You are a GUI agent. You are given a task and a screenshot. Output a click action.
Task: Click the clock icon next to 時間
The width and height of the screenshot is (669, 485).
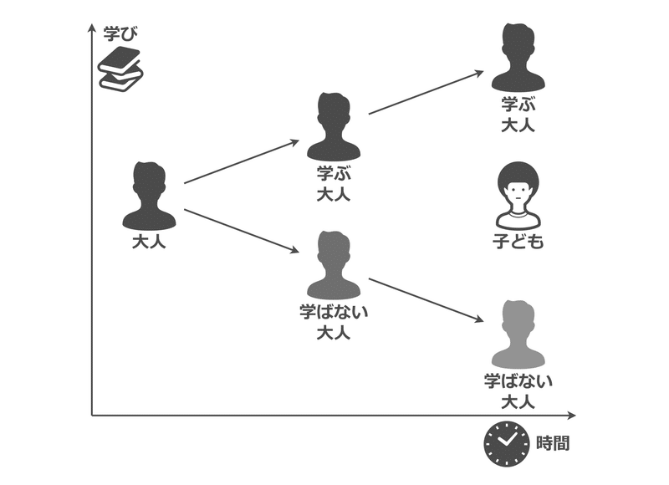point(505,443)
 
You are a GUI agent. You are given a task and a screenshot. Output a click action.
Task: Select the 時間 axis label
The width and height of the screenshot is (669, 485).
point(553,443)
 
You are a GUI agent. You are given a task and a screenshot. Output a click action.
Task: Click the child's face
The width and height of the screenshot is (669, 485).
point(518,198)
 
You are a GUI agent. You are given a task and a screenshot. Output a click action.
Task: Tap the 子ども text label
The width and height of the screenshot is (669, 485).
point(518,242)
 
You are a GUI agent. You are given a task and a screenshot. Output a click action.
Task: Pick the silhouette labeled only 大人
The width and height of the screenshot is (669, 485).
point(149,197)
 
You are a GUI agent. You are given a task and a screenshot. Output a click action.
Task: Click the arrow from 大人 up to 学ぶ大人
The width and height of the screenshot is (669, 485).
point(243,161)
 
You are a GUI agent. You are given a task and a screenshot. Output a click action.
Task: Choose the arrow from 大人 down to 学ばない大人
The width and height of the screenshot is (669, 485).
point(243,231)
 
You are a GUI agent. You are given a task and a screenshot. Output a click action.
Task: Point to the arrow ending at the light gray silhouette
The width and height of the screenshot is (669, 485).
point(426,301)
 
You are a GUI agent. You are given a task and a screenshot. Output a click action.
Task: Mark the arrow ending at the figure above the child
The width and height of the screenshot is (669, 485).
point(426,93)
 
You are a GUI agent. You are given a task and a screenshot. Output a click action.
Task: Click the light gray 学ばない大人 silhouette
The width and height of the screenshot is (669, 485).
point(518,334)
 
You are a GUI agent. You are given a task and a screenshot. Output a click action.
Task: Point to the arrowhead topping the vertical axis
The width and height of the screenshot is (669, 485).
point(91,28)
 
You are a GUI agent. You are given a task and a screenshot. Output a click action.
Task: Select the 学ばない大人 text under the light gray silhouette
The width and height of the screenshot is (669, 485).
point(518,382)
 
